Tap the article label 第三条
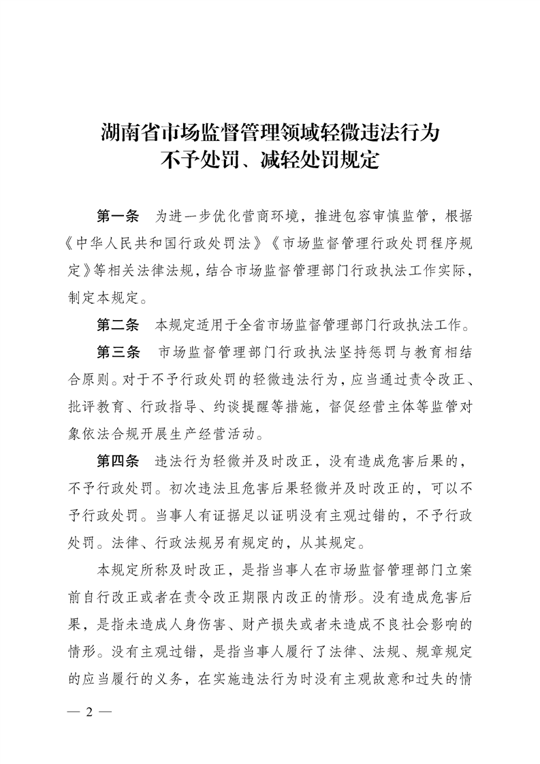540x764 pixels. (118, 352)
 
